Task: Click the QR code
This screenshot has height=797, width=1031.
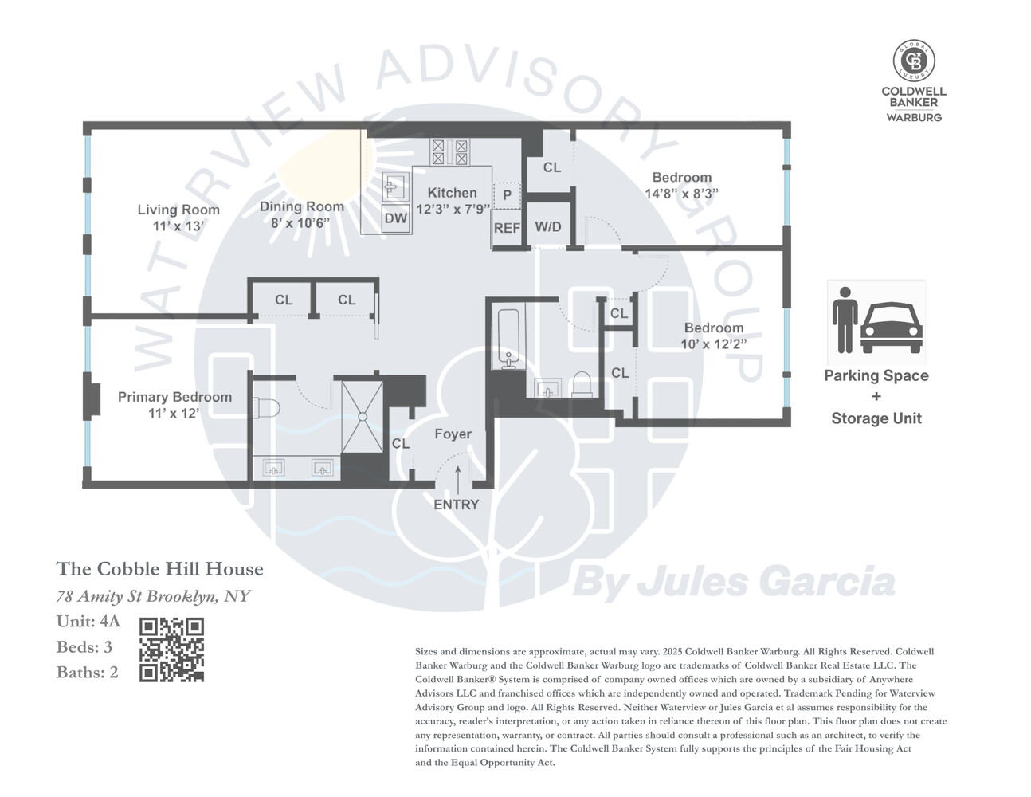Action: [x=171, y=650]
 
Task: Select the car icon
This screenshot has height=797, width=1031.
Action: [x=891, y=328]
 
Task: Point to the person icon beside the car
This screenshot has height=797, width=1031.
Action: [x=845, y=320]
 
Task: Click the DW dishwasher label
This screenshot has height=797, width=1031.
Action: [x=396, y=218]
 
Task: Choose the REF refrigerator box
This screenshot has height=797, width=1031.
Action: [x=507, y=229]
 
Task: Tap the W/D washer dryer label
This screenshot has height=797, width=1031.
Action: [x=548, y=227]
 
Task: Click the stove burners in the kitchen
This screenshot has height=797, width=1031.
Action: [x=449, y=151]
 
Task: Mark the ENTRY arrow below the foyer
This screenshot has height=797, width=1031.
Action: [x=458, y=481]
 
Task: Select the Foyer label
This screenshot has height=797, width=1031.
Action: [x=453, y=434]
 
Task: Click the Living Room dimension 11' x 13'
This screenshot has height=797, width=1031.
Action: [x=178, y=226]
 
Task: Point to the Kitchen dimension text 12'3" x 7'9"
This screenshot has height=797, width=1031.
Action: [x=453, y=209]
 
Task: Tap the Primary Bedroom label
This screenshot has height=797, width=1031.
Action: [x=174, y=397]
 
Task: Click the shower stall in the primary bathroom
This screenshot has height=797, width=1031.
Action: [x=362, y=417]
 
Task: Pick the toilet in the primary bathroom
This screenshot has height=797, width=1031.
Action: [x=267, y=408]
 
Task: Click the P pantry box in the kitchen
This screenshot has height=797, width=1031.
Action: [x=508, y=195]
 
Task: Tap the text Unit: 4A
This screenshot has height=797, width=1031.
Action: [x=88, y=622]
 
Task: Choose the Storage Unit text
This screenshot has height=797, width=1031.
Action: [x=876, y=418]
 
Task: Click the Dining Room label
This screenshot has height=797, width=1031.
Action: [x=302, y=207]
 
